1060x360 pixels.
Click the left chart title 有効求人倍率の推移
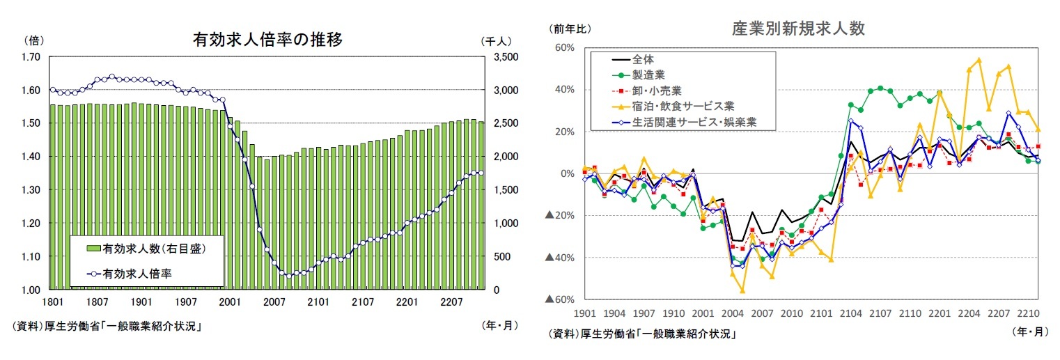click(x=267, y=40)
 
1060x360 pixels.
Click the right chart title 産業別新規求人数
click(x=798, y=29)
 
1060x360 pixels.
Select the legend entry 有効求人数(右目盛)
click(x=154, y=248)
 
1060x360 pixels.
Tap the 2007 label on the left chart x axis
click(x=275, y=302)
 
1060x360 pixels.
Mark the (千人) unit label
click(x=496, y=41)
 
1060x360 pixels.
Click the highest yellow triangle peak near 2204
click(x=979, y=60)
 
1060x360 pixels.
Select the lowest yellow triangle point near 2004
click(x=742, y=290)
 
